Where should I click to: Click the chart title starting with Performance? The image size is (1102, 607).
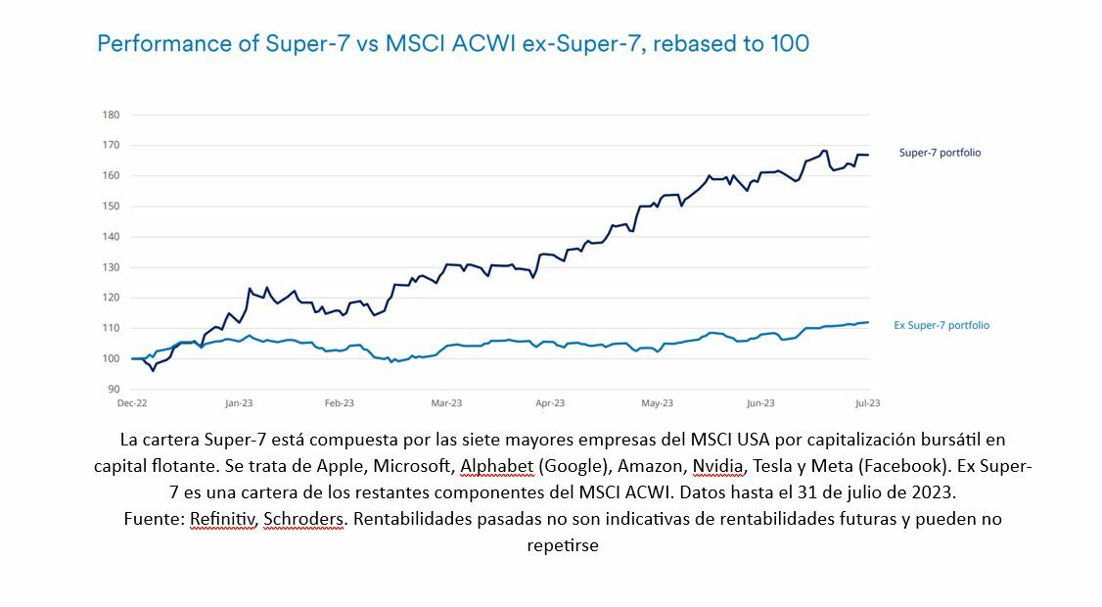452,44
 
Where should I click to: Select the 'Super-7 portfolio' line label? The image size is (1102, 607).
940,153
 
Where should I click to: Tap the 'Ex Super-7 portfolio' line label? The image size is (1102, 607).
941,325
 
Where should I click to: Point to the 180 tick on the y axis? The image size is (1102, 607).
111,115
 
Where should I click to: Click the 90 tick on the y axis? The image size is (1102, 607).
113,389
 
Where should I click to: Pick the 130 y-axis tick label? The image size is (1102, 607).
111,267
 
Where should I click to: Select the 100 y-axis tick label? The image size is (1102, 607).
111,358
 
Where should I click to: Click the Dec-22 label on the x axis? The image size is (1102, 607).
132,402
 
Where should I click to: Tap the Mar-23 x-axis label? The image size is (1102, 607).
446,402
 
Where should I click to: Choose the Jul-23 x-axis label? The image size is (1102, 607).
867,402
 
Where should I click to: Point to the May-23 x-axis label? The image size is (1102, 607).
658,402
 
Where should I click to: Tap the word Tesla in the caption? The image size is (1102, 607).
776,465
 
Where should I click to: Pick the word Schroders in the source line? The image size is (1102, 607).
303,519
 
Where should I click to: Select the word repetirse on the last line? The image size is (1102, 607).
562,545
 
